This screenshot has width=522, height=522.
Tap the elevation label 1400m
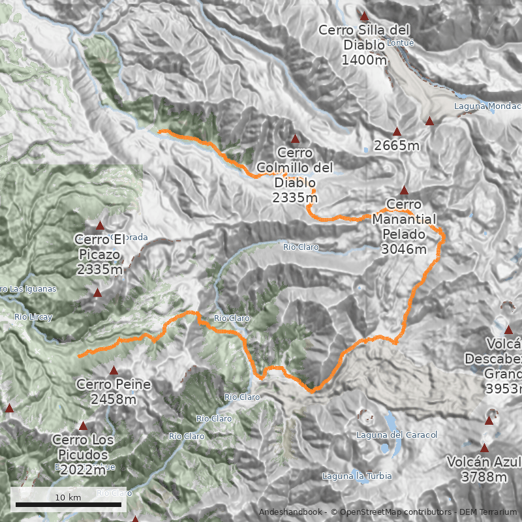pyautogui.click(x=364, y=59)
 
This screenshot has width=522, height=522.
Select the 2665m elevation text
pyautogui.click(x=397, y=146)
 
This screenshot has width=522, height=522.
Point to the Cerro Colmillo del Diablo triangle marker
pyautogui.click(x=295, y=138)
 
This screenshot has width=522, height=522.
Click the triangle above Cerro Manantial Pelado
pyautogui.click(x=404, y=191)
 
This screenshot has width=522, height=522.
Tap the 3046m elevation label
pyautogui.click(x=404, y=249)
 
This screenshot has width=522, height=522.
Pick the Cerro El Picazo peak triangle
pyautogui.click(x=100, y=225)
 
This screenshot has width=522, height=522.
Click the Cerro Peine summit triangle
pyautogui.click(x=114, y=370)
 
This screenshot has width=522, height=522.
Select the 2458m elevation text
pyautogui.click(x=114, y=399)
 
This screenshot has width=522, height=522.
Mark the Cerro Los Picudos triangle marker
pyautogui.click(x=82, y=425)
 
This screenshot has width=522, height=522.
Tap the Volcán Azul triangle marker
pyautogui.click(x=484, y=448)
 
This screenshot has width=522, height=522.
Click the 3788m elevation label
pyautogui.click(x=484, y=477)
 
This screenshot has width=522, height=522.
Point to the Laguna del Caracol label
pyautogui.click(x=397, y=435)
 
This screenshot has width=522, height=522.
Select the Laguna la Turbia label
pyautogui.click(x=357, y=476)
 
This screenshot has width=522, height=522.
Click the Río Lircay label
pyautogui.click(x=33, y=317)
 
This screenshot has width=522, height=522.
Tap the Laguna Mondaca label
pyautogui.click(x=487, y=106)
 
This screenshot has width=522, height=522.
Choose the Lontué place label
pyautogui.click(x=401, y=43)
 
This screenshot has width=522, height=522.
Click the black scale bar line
pyautogui.click(x=68, y=504)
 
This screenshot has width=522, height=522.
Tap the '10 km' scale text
pyautogui.click(x=68, y=497)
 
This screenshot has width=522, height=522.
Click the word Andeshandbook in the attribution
pyautogui.click(x=290, y=512)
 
